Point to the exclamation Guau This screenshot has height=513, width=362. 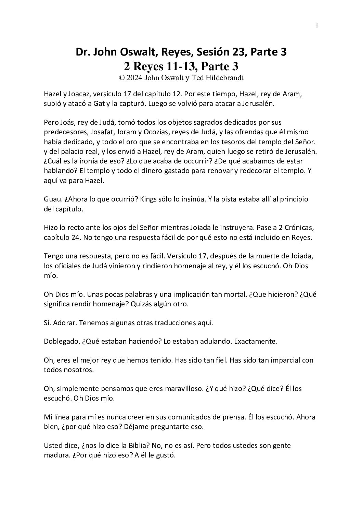point(52,199)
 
